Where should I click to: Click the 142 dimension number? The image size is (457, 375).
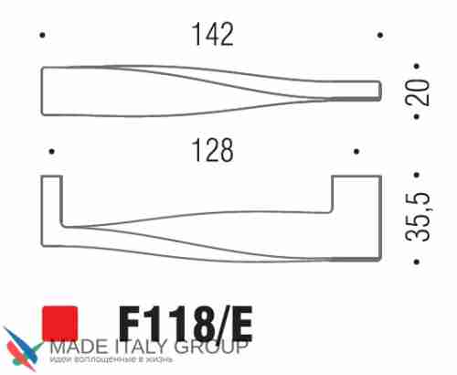[211, 35]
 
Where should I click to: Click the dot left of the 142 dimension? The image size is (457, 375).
[43, 36]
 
